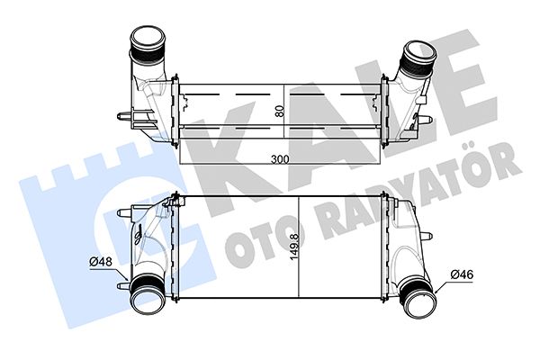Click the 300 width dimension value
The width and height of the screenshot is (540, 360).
point(280,159)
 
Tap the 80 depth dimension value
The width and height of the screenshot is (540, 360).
point(280,111)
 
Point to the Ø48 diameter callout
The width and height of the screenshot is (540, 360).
point(101,262)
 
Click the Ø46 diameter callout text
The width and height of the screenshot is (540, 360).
point(462,274)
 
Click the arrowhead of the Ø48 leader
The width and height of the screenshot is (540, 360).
point(126,278)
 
